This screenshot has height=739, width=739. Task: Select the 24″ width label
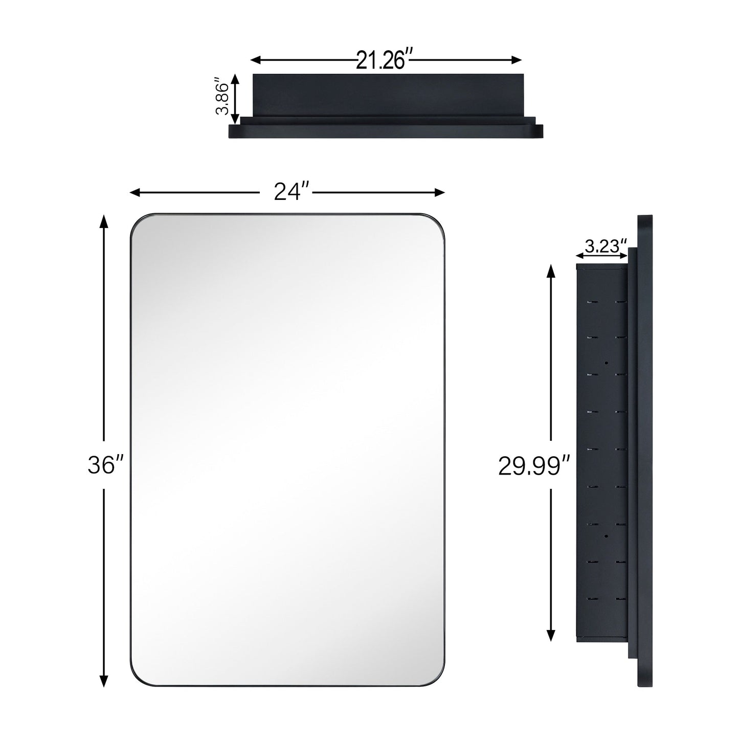(286, 192)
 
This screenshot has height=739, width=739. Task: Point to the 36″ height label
(105, 465)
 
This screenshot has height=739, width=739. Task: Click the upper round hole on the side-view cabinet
(606, 363)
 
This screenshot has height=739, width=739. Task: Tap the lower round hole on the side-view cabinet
(606, 536)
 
